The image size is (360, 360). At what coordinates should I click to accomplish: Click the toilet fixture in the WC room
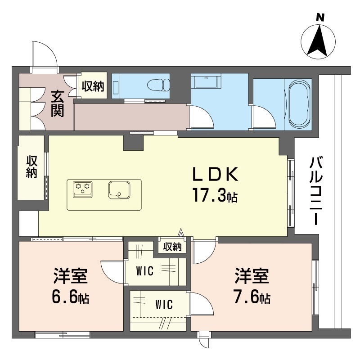pyautogui.click(x=160, y=85)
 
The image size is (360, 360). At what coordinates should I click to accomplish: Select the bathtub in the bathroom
pyautogui.click(x=300, y=103)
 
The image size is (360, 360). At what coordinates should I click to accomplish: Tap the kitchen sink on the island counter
pyautogui.click(x=119, y=189)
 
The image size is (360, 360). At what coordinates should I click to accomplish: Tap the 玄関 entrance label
pyautogui.click(x=57, y=103)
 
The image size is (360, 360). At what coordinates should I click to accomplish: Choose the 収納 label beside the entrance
pyautogui.click(x=93, y=86)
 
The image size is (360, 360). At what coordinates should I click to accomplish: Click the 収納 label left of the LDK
pyautogui.click(x=31, y=166)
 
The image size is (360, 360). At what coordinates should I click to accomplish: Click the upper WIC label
pyautogui.click(x=145, y=271)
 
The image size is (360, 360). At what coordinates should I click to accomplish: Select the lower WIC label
pyautogui.click(x=164, y=305)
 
